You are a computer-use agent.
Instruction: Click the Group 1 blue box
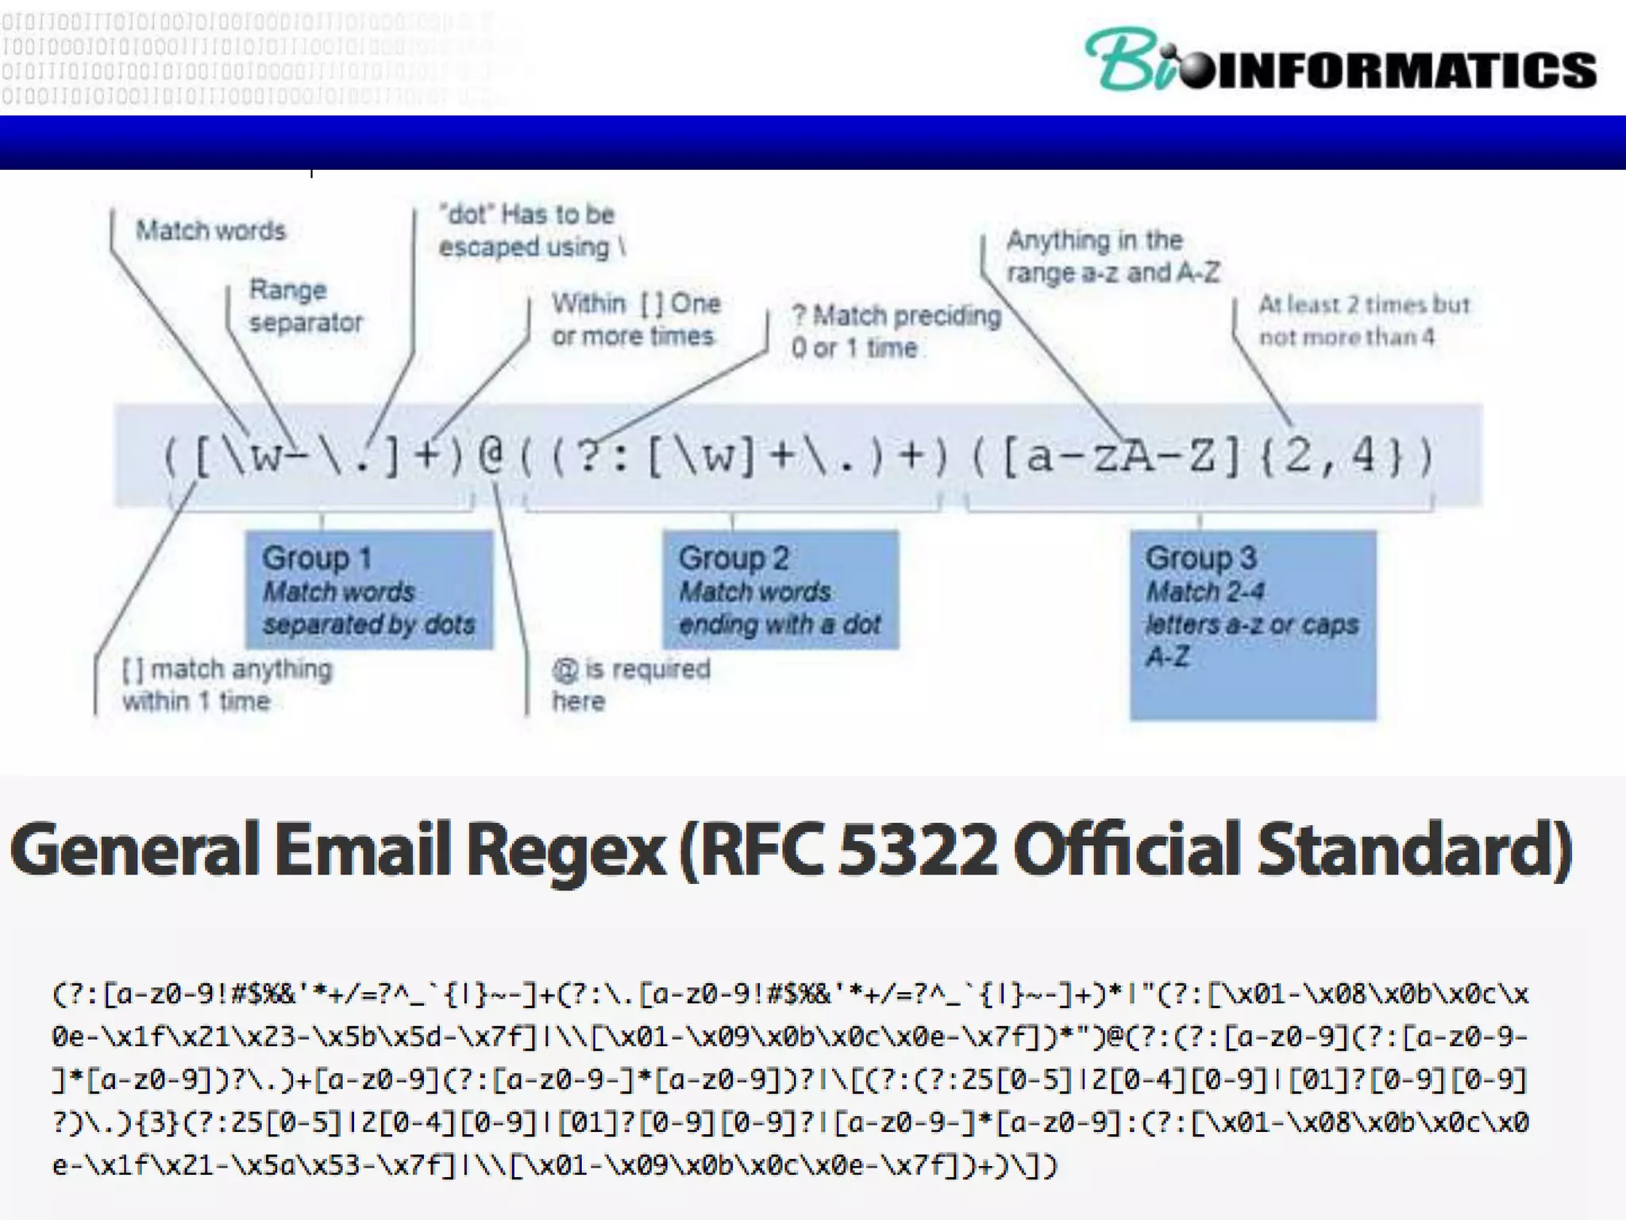point(369,589)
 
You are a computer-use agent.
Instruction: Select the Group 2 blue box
point(780,589)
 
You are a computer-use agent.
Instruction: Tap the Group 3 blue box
point(1253,624)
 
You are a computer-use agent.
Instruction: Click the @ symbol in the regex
point(491,457)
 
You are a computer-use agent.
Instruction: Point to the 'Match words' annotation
point(210,230)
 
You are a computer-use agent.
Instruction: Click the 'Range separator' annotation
point(305,306)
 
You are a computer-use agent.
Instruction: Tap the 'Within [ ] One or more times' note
point(636,319)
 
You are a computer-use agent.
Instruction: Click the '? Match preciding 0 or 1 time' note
point(896,331)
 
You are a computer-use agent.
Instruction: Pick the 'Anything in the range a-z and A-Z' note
point(1112,256)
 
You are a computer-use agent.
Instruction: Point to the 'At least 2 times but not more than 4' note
point(1363,321)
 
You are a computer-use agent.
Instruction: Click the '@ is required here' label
point(631,685)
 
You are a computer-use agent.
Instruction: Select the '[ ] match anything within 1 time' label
point(227,685)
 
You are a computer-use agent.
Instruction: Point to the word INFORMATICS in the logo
point(1405,70)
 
